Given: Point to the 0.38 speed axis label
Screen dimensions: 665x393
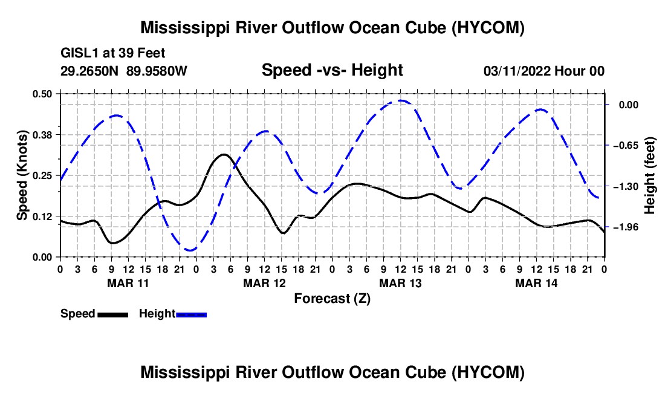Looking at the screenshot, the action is coord(42,135).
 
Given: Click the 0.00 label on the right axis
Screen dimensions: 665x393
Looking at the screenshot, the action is coord(629,105).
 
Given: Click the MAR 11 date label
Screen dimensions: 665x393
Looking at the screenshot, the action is coord(128,283).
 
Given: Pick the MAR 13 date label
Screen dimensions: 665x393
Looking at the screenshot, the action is coord(400,283).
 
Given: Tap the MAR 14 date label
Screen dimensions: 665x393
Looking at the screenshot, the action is coord(536,283).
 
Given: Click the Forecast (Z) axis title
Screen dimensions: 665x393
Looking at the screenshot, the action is coord(332,299).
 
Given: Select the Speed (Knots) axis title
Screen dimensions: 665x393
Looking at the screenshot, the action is coord(22,175).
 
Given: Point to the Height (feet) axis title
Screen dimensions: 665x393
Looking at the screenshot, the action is coord(650,175).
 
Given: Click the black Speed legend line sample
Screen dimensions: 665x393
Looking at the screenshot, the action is coord(113,315).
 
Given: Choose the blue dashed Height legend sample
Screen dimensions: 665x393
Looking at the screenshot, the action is coord(191,315).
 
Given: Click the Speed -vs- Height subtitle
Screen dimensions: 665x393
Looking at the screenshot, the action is coord(332,70).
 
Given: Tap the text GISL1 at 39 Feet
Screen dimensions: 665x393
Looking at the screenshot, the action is coord(113,53).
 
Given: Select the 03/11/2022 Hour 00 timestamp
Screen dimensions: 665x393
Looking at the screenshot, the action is coord(544,71).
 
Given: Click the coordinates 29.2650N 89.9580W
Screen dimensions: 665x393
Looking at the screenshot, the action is coord(124,71).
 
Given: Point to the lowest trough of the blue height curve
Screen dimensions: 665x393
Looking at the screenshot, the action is coord(190,250).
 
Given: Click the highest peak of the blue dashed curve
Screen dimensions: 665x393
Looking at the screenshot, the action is coord(400,101).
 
